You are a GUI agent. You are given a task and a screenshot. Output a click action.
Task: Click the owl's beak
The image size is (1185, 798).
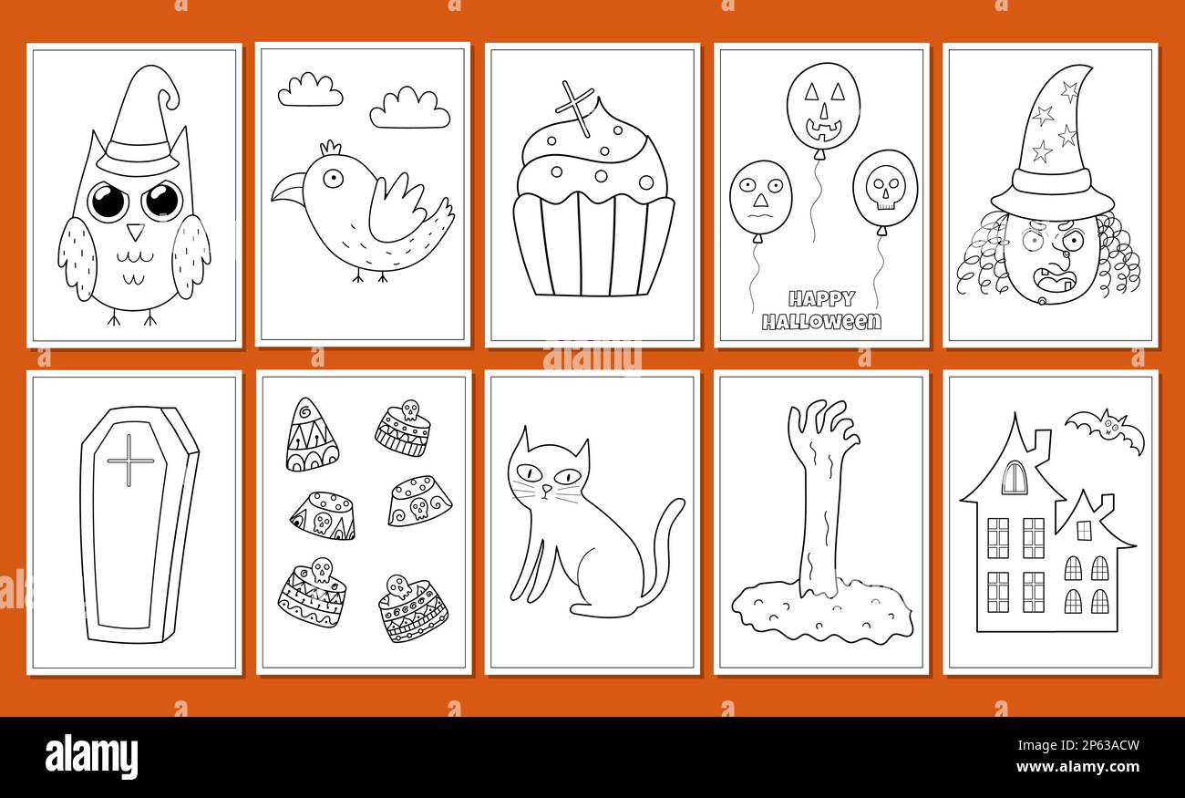pyautogui.click(x=135, y=232)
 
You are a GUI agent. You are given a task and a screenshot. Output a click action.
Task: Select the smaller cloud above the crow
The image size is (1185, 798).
pyautogui.click(x=310, y=90)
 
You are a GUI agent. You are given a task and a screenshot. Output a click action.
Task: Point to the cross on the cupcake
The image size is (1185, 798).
pyautogui.click(x=575, y=108)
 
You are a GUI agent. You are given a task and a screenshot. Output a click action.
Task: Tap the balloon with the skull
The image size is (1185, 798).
pyautogui.click(x=884, y=189)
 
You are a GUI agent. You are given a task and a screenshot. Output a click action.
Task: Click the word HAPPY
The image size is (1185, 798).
pyautogui.click(x=821, y=298)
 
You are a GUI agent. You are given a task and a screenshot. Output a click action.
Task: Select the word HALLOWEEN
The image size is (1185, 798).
pyautogui.click(x=821, y=321)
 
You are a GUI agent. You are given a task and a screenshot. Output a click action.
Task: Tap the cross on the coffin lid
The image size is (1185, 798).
pyautogui.click(x=130, y=460)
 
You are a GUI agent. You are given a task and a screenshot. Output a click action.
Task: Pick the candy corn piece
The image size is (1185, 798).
pyautogui.click(x=310, y=437)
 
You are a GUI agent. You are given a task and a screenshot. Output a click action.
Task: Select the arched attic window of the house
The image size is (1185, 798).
pyautogui.click(x=1014, y=478)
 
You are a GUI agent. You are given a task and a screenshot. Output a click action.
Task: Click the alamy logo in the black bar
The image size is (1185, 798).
pyautogui.click(x=91, y=756)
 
